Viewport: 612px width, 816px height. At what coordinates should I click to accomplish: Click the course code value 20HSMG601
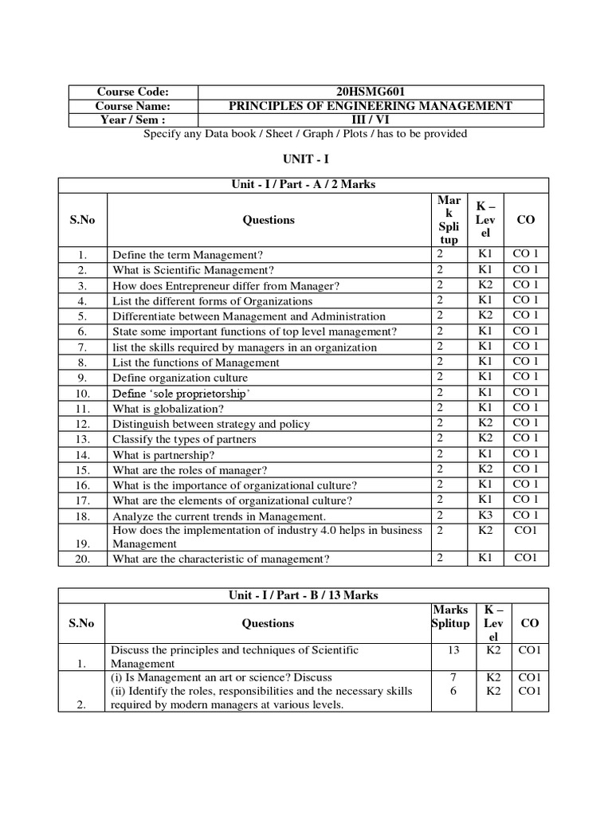(x=371, y=92)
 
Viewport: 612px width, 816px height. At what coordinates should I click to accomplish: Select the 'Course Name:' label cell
(x=133, y=106)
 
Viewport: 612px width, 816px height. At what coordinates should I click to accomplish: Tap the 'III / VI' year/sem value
(x=371, y=120)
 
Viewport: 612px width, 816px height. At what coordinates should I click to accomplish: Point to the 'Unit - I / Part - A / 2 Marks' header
(x=303, y=185)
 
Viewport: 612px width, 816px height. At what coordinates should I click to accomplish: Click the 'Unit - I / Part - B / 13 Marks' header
(x=303, y=595)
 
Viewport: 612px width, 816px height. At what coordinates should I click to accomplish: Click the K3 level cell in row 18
(x=485, y=515)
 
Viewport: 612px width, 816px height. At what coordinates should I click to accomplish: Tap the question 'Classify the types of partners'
(x=184, y=439)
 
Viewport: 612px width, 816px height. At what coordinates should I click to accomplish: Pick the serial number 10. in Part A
(x=83, y=394)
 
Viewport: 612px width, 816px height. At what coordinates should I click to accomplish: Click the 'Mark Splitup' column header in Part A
(x=449, y=220)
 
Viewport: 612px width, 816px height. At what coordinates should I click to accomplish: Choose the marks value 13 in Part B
(x=453, y=650)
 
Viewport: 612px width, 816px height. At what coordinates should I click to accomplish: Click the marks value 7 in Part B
(x=453, y=677)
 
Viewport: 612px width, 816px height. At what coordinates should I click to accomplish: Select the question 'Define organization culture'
(x=180, y=378)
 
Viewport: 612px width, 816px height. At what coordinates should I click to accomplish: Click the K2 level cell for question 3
(x=485, y=285)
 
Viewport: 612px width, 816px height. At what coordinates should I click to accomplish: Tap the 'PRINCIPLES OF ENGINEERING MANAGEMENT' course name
(x=371, y=106)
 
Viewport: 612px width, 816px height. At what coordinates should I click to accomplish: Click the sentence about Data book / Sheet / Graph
(x=304, y=134)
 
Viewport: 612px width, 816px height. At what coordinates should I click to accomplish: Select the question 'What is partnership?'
(x=163, y=454)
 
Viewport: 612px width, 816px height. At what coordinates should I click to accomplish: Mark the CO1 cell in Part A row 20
(x=526, y=558)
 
